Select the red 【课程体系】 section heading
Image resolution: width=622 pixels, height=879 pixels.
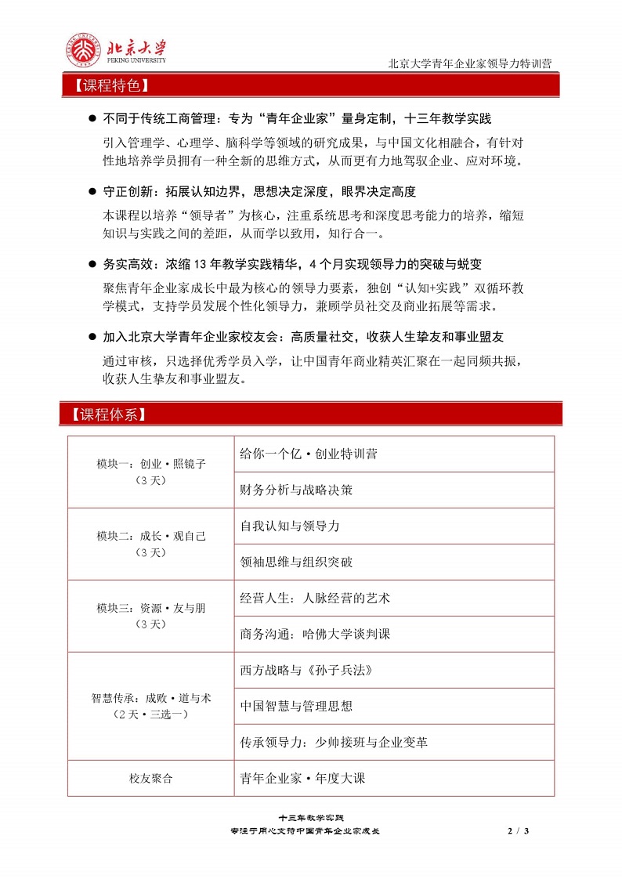[107, 414]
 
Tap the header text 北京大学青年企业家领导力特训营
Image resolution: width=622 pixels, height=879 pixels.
[473, 64]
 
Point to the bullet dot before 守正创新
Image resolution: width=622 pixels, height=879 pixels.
[92, 192]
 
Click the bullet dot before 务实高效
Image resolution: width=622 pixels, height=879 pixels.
[92, 265]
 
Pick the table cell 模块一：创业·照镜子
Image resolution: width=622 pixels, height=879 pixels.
[150, 471]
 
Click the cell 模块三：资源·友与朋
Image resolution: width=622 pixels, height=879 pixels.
[150, 615]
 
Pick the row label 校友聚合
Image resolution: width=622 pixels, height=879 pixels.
[150, 779]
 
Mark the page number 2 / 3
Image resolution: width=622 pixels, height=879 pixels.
[519, 830]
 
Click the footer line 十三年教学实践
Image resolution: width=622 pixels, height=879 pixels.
[311, 818]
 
